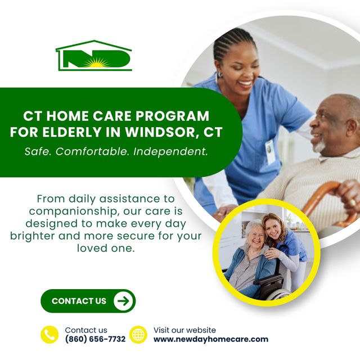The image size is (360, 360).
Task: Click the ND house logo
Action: tap(93, 56)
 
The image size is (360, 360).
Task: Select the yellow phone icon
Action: tap(49, 335)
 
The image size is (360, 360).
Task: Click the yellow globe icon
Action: tap(138, 335)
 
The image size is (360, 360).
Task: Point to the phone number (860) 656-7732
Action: tap(95, 339)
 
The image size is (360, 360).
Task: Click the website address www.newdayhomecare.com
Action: tap(211, 339)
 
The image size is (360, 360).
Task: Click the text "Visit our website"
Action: tap(184, 330)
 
